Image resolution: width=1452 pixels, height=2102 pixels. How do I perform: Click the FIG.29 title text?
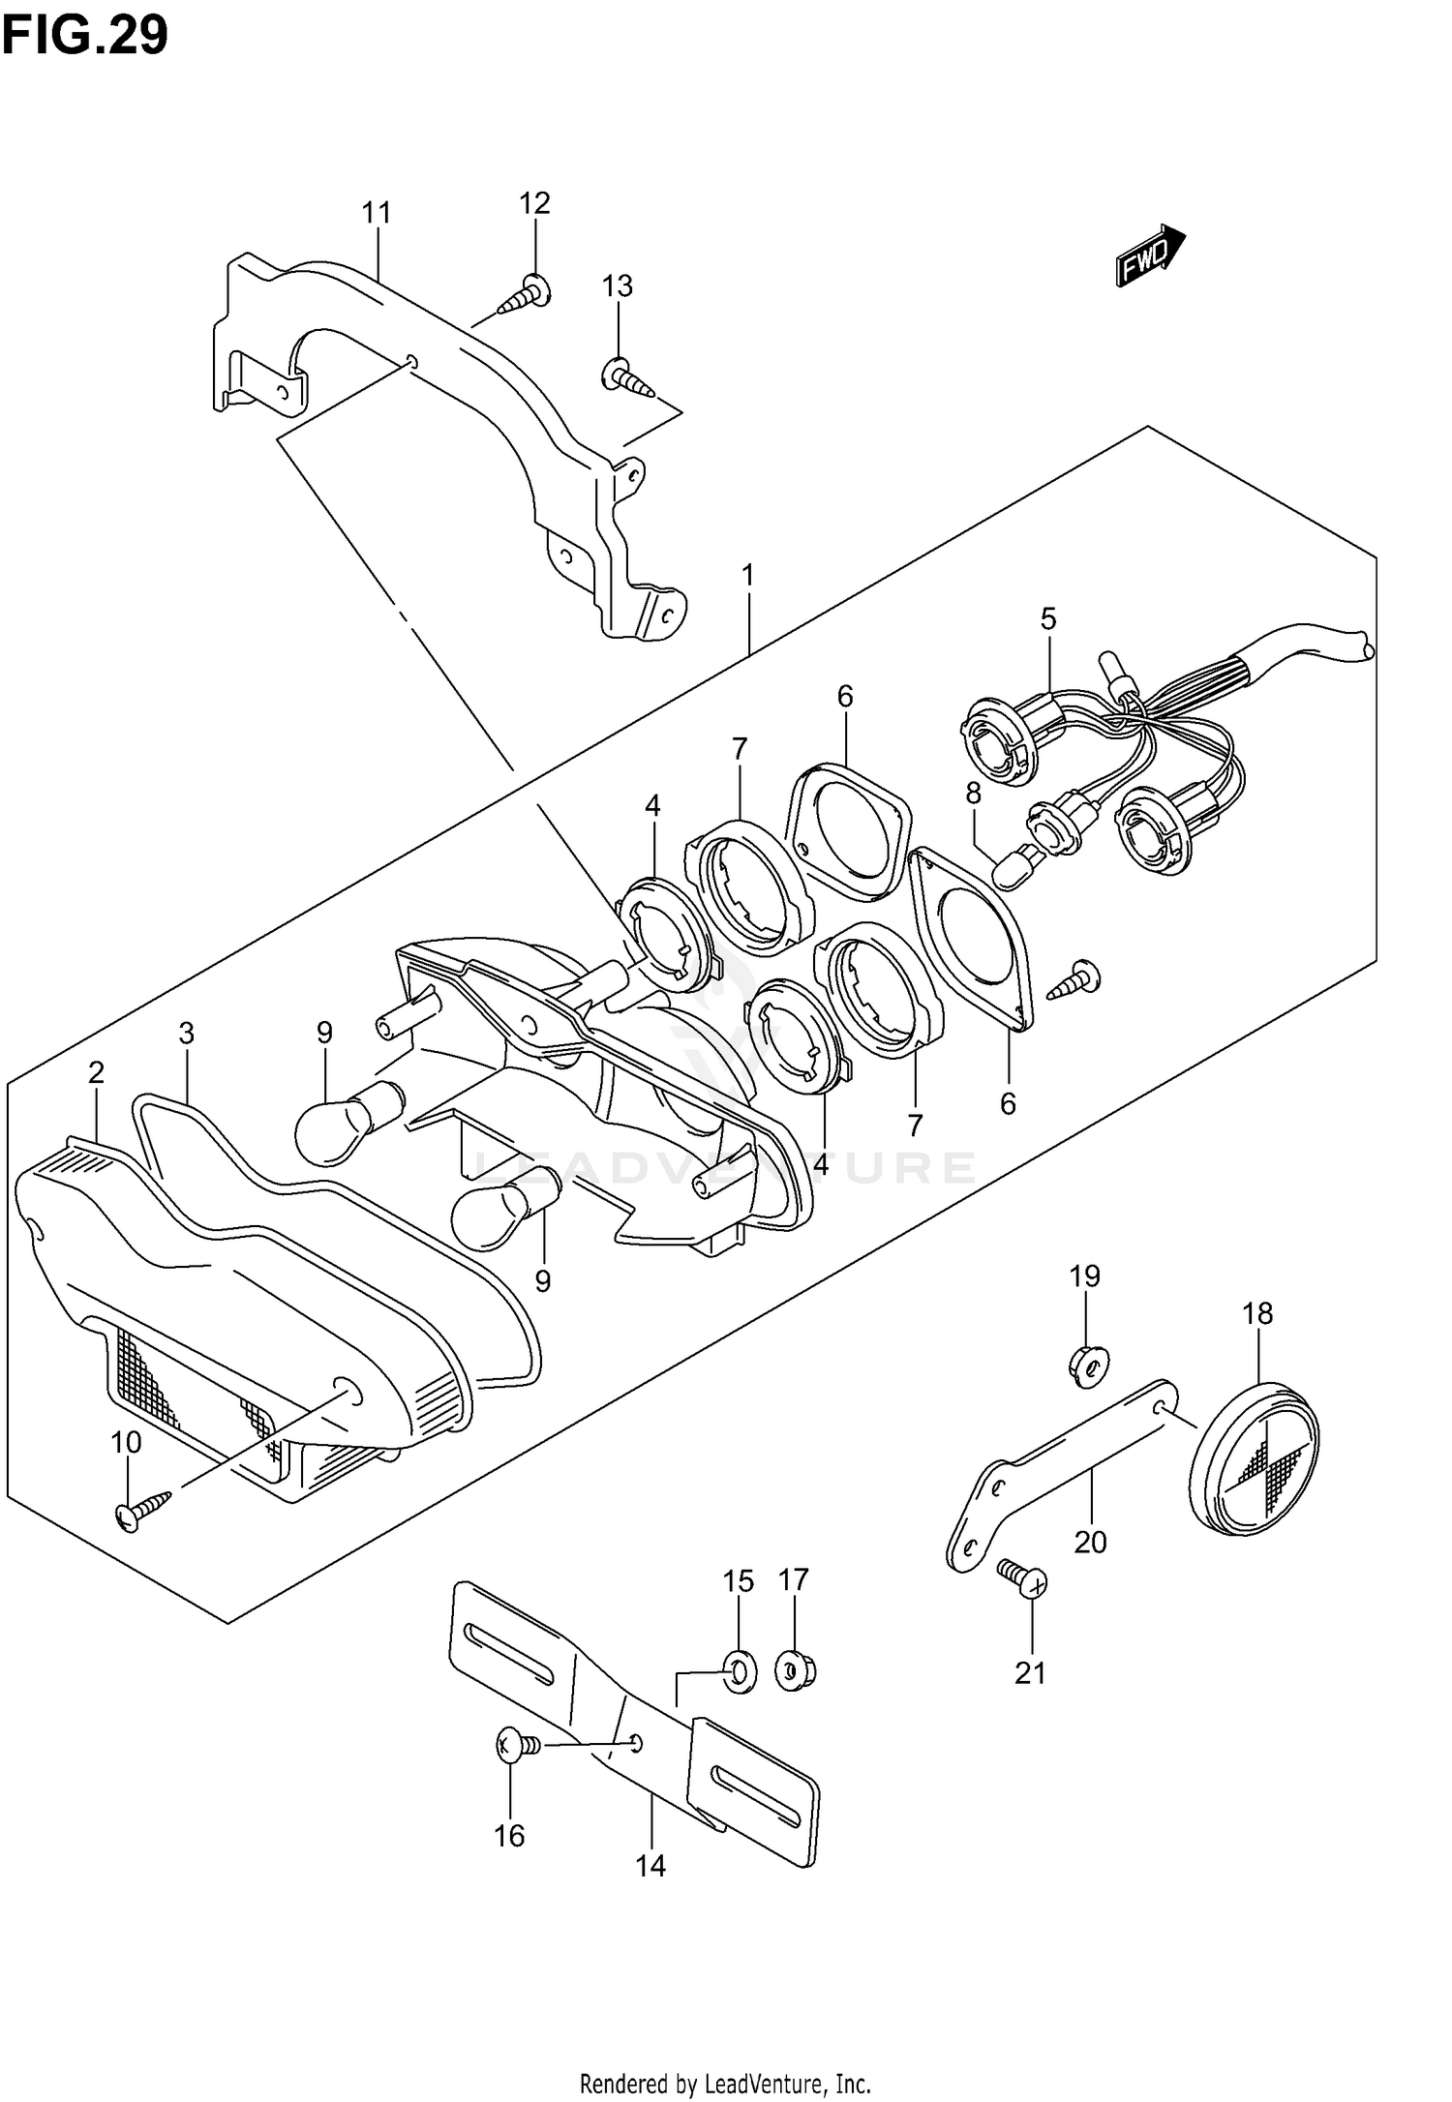[x=84, y=37]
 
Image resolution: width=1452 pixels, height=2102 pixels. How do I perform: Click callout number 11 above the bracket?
[x=376, y=213]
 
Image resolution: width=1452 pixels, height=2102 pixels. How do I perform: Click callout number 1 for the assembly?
[x=747, y=576]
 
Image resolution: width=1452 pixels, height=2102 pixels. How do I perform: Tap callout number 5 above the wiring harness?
[x=1048, y=618]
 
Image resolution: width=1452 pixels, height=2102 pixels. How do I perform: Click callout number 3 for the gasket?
[x=186, y=1033]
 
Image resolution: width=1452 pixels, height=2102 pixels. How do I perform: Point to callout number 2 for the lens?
[x=96, y=1072]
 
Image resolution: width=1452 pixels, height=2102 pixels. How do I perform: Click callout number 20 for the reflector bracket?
[x=1090, y=1542]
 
